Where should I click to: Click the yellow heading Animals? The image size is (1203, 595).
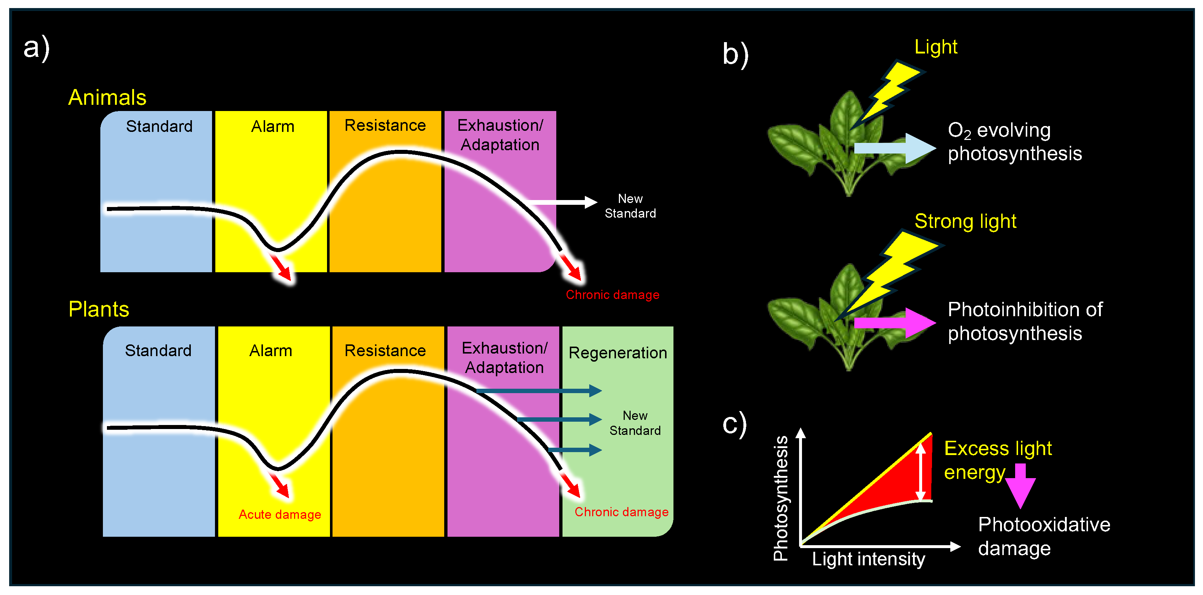point(107,97)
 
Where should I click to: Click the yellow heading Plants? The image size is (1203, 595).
point(99,309)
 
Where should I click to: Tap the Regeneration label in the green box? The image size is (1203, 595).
point(617,353)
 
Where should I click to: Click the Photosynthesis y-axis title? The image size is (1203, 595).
point(780,498)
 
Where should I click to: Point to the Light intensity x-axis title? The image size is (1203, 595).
point(868,559)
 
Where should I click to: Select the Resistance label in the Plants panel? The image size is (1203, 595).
point(385,351)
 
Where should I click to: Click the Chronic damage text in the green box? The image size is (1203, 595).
point(621,512)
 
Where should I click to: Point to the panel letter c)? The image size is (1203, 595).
point(735,424)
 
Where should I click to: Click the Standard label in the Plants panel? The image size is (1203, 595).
point(158,351)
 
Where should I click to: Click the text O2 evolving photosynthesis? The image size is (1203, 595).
point(1014,142)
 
